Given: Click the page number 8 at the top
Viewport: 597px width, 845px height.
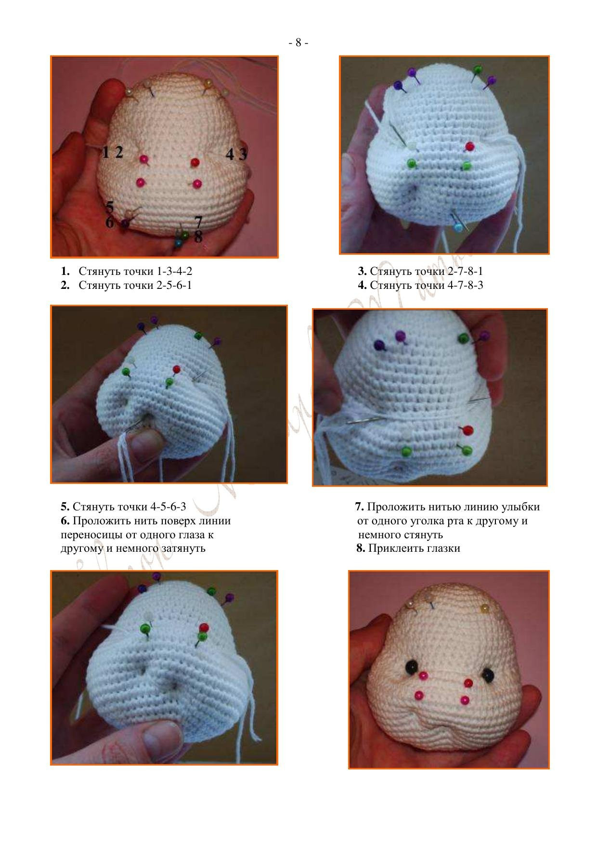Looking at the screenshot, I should (x=298, y=43).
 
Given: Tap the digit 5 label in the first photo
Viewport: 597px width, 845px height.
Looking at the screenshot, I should (x=110, y=208).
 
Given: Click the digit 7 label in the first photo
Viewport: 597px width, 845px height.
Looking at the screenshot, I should (x=198, y=222).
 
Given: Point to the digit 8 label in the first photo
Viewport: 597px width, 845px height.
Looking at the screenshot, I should (x=198, y=236).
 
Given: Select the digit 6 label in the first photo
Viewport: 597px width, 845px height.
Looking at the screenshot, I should (x=110, y=222).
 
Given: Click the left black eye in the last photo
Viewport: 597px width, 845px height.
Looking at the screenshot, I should (x=412, y=666).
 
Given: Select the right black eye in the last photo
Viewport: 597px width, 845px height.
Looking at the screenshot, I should (x=488, y=675).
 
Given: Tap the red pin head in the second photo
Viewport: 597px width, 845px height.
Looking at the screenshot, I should (x=469, y=146).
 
